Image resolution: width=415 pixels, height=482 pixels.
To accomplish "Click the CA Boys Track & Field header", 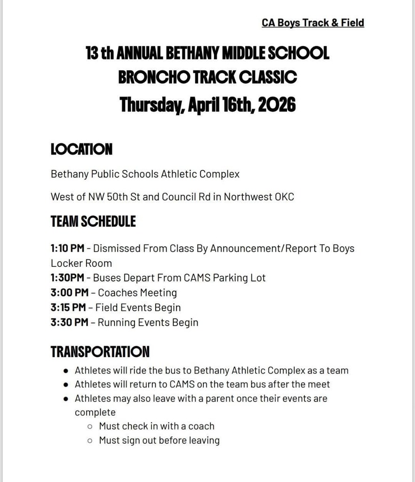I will point(313,23).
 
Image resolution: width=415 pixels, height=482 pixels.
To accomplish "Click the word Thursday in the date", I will point(150,104).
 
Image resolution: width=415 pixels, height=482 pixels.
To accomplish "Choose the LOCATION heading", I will point(81,150).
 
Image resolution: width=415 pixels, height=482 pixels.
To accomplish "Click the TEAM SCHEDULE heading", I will point(93,221).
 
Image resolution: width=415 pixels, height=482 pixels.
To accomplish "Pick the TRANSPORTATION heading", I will point(100,351).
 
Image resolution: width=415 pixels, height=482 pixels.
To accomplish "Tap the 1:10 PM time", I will point(67,248).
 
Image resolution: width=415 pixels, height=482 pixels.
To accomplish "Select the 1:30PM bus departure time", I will point(67,278).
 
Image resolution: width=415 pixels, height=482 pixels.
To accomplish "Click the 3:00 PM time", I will point(70,293).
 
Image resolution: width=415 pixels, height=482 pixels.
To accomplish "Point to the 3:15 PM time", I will point(68,308).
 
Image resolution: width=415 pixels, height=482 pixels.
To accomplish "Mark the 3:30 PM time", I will point(70,322).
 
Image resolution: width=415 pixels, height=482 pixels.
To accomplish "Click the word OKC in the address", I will point(284,197).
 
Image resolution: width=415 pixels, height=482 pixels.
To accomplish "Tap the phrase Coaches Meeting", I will point(137,293).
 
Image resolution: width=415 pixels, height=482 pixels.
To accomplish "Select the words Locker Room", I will point(81,263).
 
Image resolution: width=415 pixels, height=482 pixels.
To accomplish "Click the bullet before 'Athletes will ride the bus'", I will point(65,370).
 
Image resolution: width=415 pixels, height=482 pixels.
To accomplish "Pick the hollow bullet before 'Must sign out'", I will point(90,441).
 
